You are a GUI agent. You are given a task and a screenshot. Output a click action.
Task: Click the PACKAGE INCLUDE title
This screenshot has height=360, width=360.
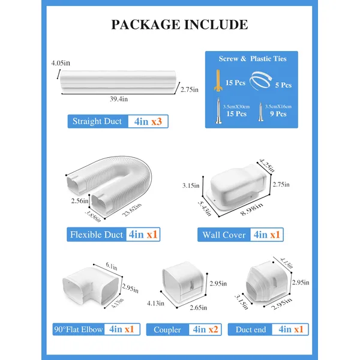[x=179, y=25]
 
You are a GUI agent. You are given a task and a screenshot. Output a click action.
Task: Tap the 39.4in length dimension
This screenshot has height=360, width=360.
[x=119, y=99]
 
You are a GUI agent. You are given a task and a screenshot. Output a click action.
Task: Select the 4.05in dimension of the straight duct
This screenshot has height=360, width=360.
[x=61, y=63]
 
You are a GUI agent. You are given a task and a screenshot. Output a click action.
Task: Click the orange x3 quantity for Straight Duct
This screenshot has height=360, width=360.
[x=157, y=121]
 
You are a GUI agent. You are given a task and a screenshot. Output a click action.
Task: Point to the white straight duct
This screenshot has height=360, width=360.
[x=118, y=82]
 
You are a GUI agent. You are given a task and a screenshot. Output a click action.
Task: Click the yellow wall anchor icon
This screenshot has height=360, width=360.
[x=218, y=80]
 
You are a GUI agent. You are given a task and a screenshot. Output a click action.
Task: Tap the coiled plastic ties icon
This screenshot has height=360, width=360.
[x=261, y=80]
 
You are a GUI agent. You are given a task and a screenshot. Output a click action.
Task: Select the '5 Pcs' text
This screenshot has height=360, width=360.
[x=283, y=85]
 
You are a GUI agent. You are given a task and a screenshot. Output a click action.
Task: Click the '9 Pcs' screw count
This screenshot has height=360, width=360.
[x=278, y=114]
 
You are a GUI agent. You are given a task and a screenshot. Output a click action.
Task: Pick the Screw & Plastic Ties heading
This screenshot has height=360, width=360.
[x=253, y=59]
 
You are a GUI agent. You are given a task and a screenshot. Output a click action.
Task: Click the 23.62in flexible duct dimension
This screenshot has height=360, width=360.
[x=131, y=210]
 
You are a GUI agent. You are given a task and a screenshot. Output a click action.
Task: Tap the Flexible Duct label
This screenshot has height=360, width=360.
[x=97, y=235]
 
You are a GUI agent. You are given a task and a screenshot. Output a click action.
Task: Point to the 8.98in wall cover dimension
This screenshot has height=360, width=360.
[x=251, y=209]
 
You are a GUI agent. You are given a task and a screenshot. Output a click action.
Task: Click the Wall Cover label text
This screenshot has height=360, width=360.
[x=224, y=235]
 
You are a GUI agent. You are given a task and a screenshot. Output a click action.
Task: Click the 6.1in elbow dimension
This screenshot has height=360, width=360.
[x=112, y=266]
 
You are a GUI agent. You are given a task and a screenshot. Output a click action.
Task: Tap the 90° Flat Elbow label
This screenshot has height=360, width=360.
[x=78, y=329]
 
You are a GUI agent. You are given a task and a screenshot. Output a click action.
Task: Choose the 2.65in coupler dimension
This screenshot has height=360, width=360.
[x=199, y=308]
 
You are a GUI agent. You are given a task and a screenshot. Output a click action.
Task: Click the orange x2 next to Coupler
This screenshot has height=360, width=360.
[x=213, y=329]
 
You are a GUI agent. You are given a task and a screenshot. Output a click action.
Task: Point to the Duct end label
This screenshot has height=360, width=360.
[x=251, y=329]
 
